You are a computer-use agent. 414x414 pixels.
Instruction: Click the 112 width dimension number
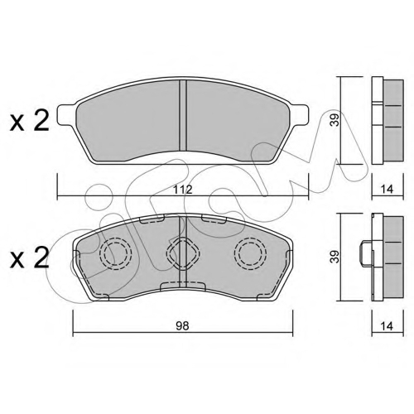point(183,190)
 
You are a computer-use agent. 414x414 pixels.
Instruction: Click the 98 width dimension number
point(182,326)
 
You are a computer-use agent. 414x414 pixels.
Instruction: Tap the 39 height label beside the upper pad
point(335,120)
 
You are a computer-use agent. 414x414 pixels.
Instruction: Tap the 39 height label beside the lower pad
point(335,257)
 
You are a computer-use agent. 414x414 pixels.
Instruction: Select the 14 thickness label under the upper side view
point(387,190)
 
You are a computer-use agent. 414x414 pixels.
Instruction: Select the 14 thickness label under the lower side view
point(387,326)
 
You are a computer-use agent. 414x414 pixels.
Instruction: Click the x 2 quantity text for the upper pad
point(30,121)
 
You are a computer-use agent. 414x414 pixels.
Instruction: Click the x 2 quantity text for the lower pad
point(30,258)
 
